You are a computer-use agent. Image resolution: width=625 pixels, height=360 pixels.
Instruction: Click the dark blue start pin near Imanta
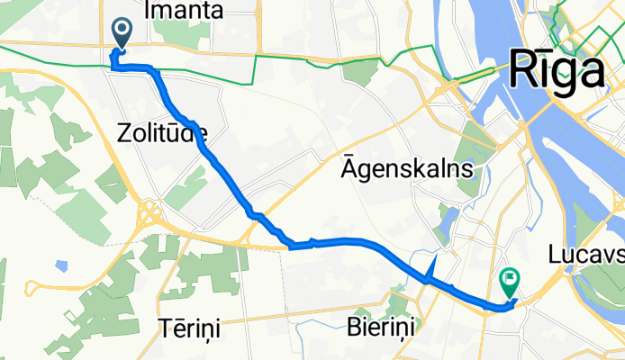[122, 32]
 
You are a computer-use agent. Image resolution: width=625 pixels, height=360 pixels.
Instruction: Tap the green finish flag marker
[510, 283]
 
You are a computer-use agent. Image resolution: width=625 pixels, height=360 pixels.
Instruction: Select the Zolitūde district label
[162, 133]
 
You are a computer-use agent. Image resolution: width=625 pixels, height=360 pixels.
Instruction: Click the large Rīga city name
[556, 69]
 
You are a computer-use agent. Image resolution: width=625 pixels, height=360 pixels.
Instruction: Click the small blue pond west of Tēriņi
[61, 266]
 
